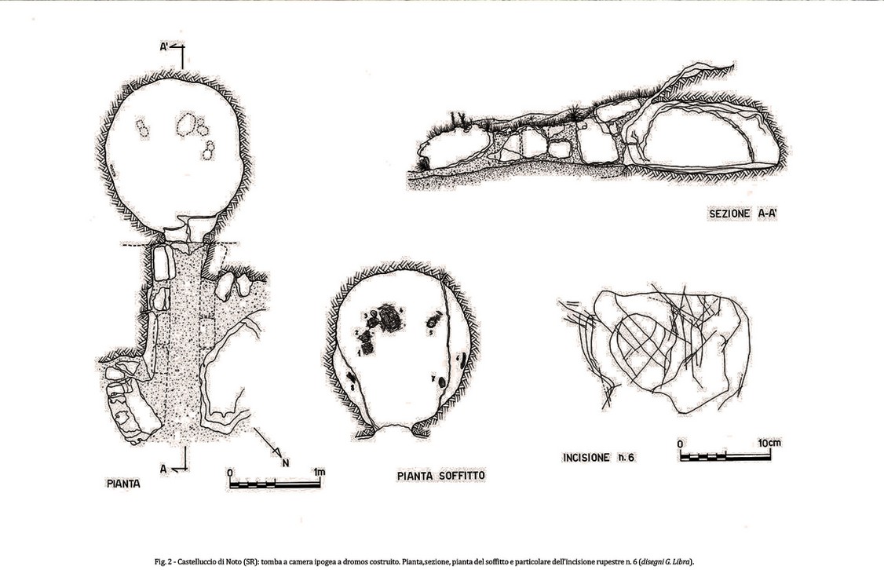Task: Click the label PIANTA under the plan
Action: pos(123,484)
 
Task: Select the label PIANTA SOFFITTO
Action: pos(440,476)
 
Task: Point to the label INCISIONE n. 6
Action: pos(598,457)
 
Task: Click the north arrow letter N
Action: pos(286,462)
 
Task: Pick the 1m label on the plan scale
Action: pos(319,472)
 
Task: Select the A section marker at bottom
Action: pos(164,468)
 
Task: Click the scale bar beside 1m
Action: pos(274,483)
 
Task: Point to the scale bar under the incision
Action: pos(729,455)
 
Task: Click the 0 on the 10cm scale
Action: pos(681,444)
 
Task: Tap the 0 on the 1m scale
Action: pos(229,473)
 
